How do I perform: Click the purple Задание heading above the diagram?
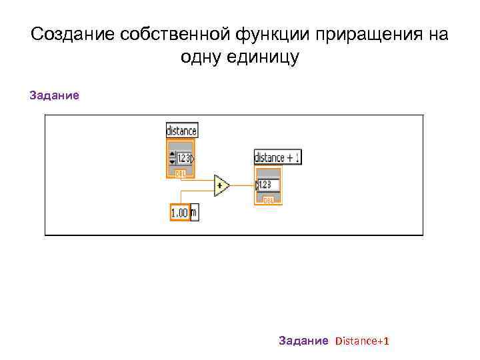(54, 95)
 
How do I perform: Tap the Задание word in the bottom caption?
(303, 341)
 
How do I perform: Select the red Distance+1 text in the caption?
(362, 341)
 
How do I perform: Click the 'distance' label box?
(181, 131)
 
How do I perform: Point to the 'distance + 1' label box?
(277, 157)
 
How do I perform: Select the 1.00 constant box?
(180, 213)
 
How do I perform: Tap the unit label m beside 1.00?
(194, 213)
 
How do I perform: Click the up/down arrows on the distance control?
(172, 159)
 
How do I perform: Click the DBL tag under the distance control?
(180, 173)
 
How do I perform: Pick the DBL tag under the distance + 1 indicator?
(269, 199)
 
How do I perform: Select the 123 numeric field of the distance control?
(184, 159)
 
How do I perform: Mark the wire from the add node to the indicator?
(242, 185)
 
